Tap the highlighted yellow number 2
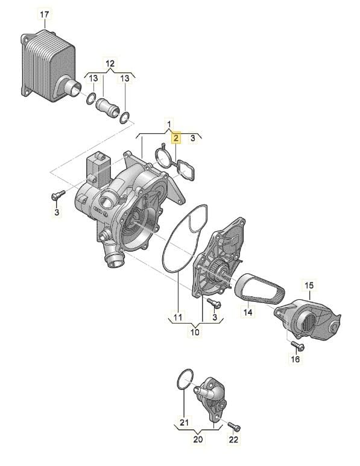tap(176, 138)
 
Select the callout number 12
tap(109, 63)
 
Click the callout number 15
tap(309, 284)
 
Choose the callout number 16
tap(295, 359)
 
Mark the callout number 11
tap(177, 316)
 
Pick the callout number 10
tap(195, 332)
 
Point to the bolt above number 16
tap(295, 344)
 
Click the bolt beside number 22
tap(235, 428)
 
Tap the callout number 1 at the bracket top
tap(169, 124)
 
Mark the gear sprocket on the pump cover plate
tap(215, 279)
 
